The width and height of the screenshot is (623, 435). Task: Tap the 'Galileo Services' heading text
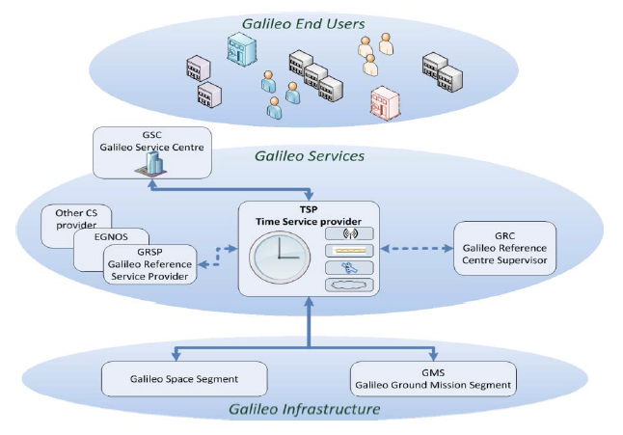309,155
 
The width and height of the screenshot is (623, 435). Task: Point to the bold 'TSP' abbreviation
309,208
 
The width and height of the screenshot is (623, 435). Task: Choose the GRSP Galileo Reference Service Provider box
149,263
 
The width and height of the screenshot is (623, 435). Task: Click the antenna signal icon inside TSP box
349,233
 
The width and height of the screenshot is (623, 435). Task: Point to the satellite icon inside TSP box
349,267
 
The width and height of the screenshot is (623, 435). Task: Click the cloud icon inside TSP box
349,285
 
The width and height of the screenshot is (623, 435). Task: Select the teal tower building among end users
236,49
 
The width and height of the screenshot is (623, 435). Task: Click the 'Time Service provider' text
309,221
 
